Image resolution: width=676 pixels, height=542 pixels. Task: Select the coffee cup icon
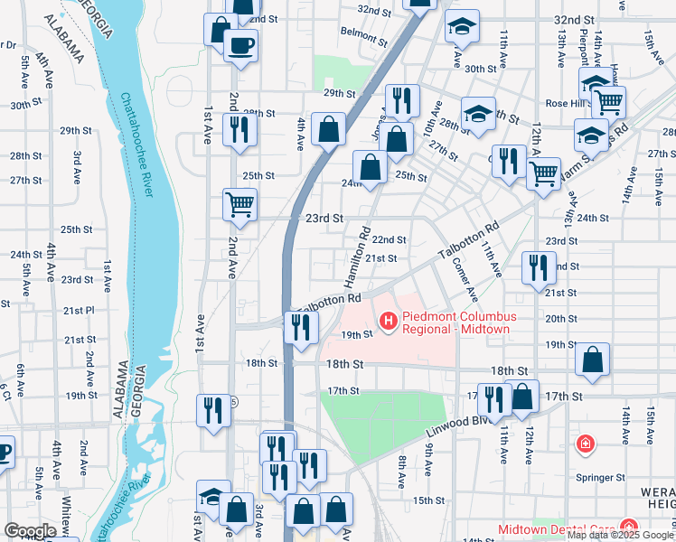240,44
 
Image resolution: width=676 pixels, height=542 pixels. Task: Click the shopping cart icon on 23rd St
239,203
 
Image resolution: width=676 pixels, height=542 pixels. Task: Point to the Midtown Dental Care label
556,528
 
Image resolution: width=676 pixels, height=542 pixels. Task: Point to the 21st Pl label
79,310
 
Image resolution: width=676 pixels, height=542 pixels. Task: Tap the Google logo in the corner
30,531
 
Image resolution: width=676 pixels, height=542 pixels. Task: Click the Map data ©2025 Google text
620,535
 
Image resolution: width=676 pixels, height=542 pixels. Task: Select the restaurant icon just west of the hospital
301,326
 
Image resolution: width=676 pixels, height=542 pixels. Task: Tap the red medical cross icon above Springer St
586,444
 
